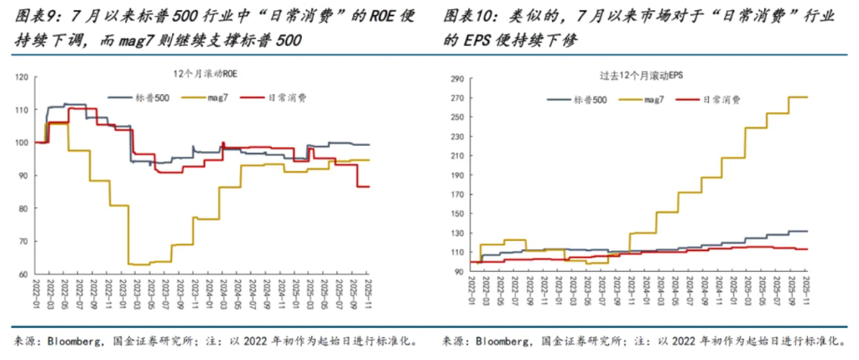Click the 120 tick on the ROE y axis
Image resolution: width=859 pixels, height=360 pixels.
click(22, 77)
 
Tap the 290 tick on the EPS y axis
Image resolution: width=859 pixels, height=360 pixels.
click(456, 80)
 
